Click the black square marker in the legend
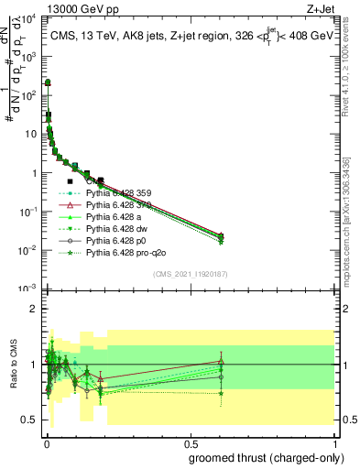click(70, 181)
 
